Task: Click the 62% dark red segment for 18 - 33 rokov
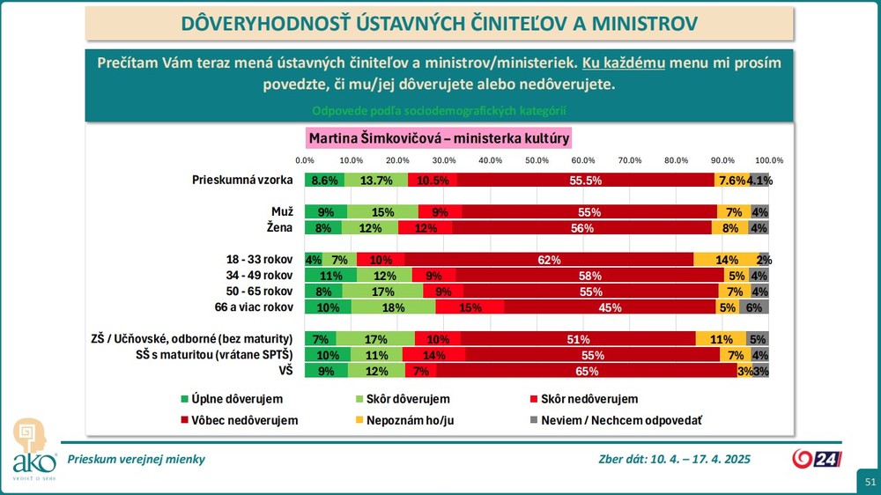coord(549,260)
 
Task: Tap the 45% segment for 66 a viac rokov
coord(610,307)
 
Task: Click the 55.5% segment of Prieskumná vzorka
coord(586,181)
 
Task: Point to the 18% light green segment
coord(393,307)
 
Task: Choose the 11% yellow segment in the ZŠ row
coord(721,339)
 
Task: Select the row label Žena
coord(279,228)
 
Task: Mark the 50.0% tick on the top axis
coord(537,160)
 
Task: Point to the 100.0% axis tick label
coord(769,160)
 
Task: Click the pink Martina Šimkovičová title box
coord(440,138)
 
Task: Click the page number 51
coord(870,482)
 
